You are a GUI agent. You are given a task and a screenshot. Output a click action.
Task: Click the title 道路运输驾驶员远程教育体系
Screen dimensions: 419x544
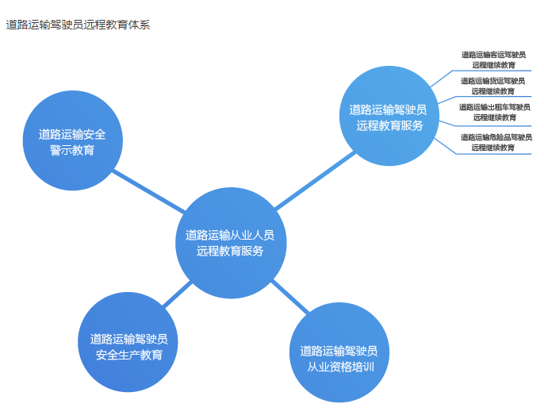click(79, 25)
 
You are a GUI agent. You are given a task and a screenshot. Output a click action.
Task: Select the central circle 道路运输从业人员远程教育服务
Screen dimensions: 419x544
click(230, 243)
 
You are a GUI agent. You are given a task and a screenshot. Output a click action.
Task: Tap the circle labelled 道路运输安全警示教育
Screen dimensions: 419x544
click(71, 142)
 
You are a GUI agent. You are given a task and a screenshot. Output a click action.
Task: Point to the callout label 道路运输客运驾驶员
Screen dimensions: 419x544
click(493, 55)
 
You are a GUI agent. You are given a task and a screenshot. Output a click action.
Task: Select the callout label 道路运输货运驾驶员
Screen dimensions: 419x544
click(493, 80)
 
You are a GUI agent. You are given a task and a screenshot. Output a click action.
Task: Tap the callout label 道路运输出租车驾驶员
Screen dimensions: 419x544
click(494, 106)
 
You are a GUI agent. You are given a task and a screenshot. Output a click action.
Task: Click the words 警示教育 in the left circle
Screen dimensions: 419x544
click(71, 150)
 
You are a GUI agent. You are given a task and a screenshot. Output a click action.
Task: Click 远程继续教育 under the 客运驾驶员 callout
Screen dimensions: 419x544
click(493, 65)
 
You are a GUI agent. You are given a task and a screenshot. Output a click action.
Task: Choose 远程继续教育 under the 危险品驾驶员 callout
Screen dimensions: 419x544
click(493, 147)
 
